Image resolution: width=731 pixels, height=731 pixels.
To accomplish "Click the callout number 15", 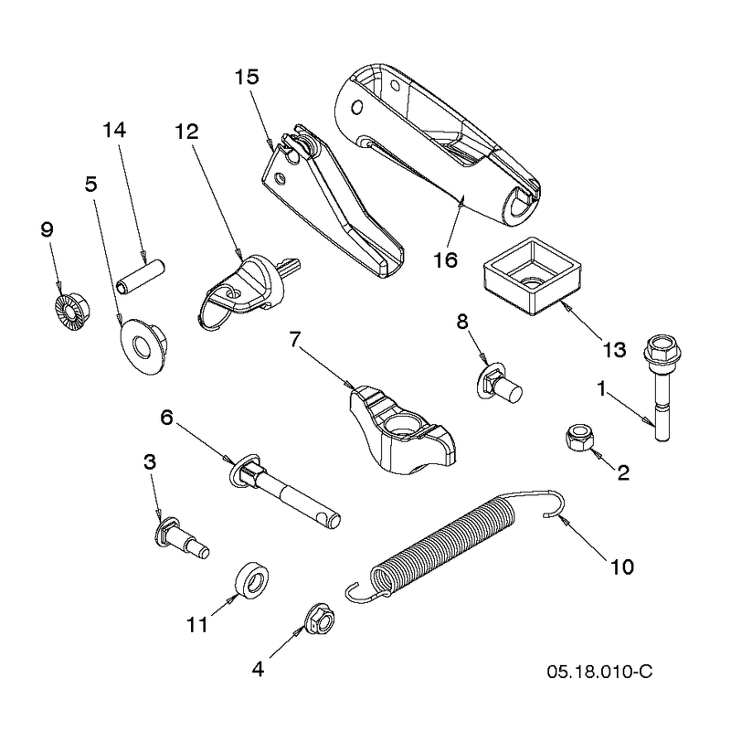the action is coord(247,78).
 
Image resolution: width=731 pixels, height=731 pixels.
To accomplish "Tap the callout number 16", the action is coord(445,260).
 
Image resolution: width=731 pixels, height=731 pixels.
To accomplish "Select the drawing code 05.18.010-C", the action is coord(599,672).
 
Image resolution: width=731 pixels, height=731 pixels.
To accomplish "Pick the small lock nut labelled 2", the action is coord(579,438).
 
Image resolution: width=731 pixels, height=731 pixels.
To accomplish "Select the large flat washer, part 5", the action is coord(143,346).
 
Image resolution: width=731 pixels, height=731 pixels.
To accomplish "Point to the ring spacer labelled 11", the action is coord(250,580).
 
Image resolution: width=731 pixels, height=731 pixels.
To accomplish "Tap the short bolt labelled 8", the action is coord(500,385).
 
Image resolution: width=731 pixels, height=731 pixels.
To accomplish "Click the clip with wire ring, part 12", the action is coord(247,289).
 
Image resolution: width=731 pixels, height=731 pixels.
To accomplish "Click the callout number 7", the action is coord(294,340).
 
